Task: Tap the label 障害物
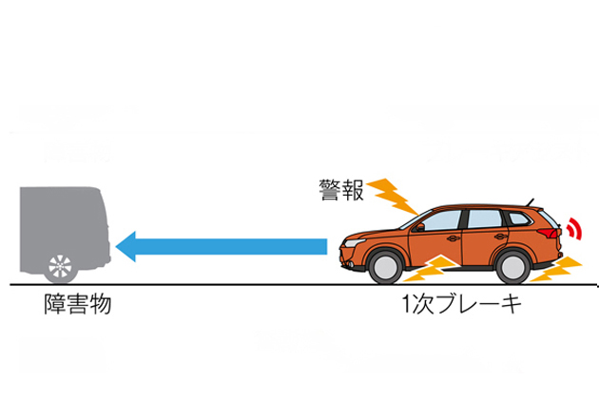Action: [x=79, y=307]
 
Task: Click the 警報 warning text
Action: [x=341, y=190]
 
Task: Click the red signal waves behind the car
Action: [x=574, y=229]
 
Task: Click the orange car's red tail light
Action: [x=551, y=234]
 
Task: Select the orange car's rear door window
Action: [x=486, y=219]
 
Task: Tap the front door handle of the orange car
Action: [x=457, y=237]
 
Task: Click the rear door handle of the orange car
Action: [x=498, y=236]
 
